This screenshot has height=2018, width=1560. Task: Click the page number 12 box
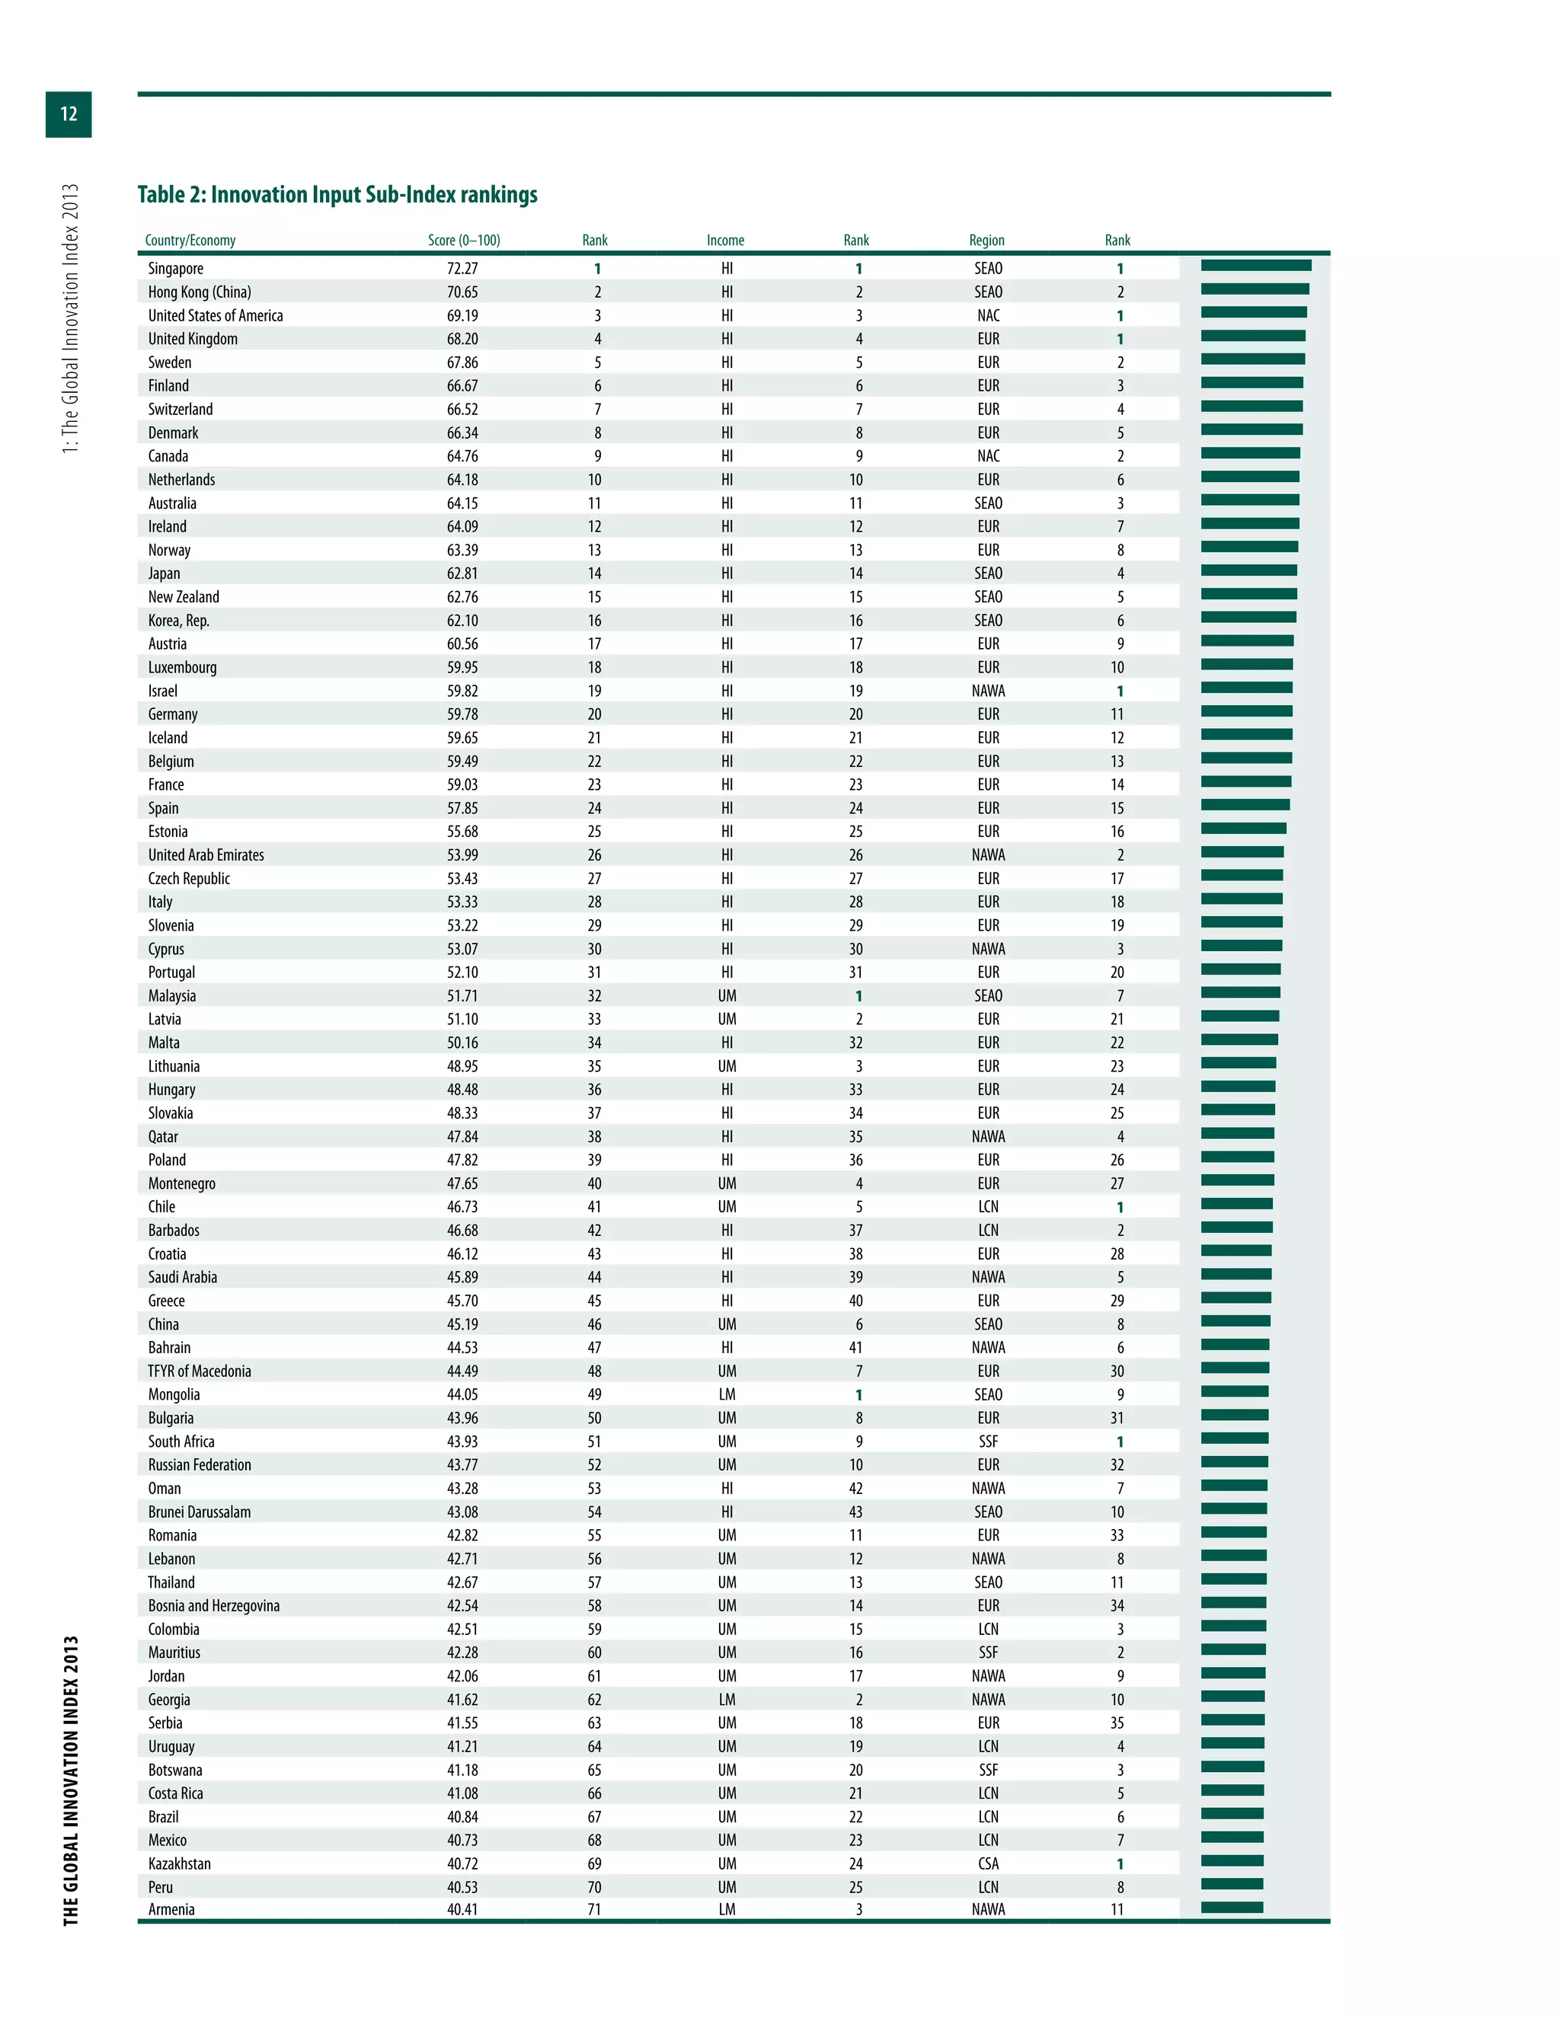[69, 113]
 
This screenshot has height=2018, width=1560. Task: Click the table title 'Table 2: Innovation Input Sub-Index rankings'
[337, 195]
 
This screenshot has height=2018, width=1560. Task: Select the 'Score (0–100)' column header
[463, 240]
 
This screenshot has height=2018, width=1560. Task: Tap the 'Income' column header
[725, 240]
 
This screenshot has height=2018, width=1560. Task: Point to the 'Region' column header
[986, 240]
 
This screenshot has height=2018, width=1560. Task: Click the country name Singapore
[176, 269]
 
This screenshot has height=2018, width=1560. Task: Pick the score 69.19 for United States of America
[462, 316]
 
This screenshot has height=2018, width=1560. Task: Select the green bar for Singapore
[1255, 266]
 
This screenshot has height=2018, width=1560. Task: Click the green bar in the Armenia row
[1231, 1907]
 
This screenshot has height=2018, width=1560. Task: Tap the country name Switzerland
[181, 410]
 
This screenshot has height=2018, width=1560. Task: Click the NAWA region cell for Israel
[988, 691]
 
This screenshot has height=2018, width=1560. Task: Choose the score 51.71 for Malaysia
[462, 996]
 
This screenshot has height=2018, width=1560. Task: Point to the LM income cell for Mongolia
[727, 1394]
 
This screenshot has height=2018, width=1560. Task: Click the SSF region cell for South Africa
[988, 1442]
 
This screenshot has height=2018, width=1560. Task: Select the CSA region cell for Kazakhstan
[988, 1863]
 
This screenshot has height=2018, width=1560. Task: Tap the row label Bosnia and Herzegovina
[213, 1606]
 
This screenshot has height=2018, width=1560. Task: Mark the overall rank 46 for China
[594, 1324]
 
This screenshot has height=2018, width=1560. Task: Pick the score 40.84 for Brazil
[462, 1816]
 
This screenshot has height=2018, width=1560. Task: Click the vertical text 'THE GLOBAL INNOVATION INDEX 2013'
[71, 1780]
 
